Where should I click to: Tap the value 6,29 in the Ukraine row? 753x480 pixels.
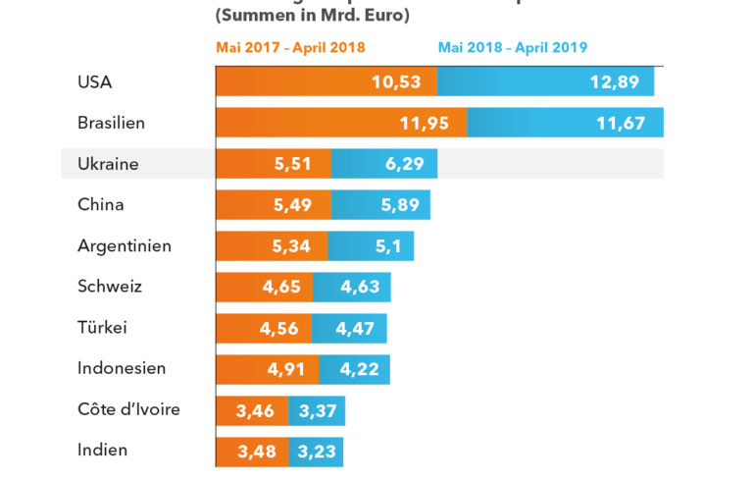click(405, 164)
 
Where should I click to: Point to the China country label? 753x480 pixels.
click(100, 204)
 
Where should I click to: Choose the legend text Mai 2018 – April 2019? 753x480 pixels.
click(512, 47)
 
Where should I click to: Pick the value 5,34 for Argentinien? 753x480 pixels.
click(291, 245)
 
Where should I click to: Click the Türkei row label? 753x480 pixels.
click(102, 327)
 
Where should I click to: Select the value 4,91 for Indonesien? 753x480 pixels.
click(287, 369)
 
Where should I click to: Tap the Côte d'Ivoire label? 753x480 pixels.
click(128, 409)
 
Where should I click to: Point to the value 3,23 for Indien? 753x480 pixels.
click(317, 452)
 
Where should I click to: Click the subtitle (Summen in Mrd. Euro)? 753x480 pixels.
click(311, 16)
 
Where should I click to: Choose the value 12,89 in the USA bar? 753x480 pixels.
click(615, 81)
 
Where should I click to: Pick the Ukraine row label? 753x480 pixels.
click(108, 164)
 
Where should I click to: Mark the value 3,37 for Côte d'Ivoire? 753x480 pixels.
click(318, 410)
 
